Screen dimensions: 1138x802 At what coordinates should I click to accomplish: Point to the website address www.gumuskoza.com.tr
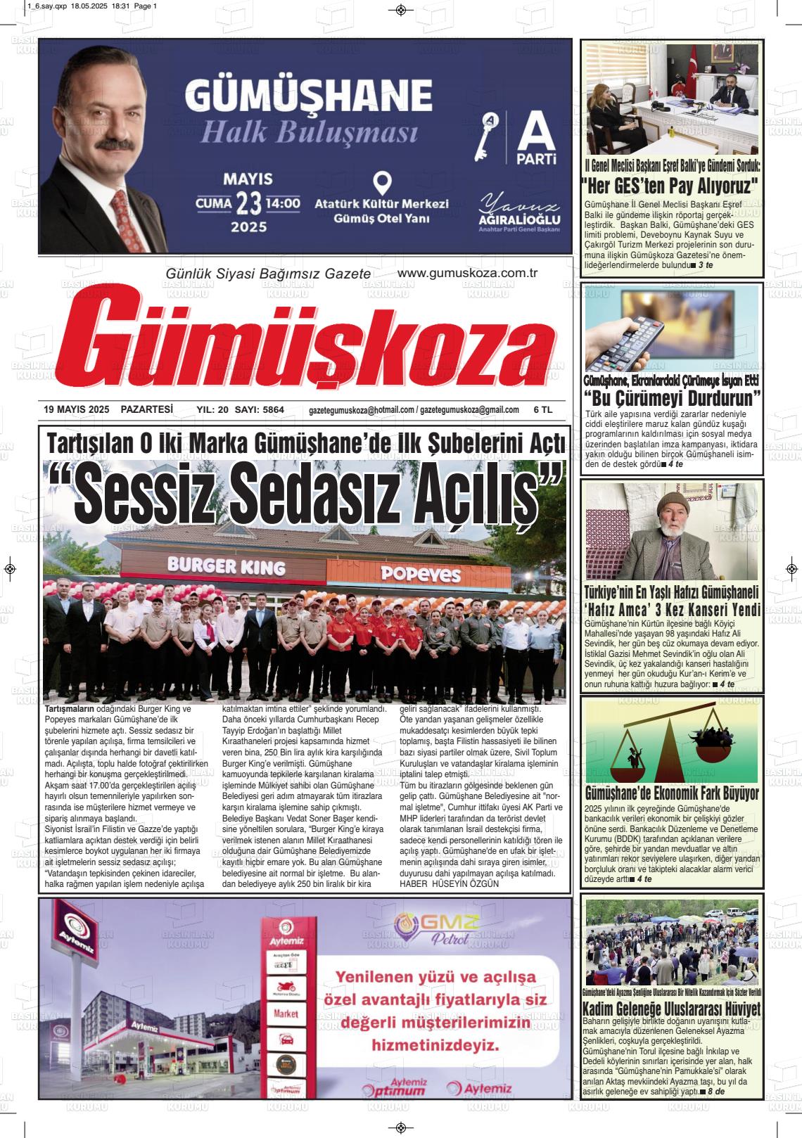point(467,274)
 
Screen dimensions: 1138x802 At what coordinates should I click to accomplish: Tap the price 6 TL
point(543,409)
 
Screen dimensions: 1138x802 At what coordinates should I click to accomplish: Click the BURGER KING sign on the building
point(226,565)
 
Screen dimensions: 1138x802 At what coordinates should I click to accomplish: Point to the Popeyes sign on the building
point(420,573)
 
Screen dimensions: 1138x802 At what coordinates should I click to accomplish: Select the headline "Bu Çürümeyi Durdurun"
point(673,399)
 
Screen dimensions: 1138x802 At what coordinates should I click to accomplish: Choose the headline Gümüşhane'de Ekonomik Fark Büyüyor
point(672,793)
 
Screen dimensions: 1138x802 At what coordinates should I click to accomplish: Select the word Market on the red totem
point(286,1014)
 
